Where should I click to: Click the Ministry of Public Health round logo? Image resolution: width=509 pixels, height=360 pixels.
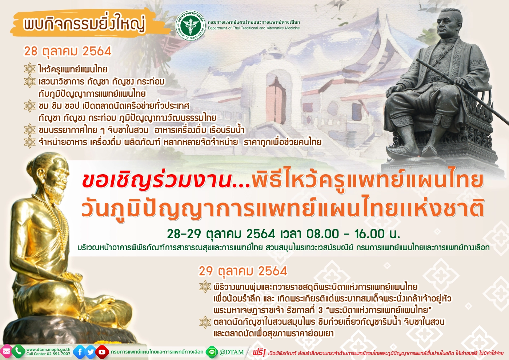[x=190, y=25]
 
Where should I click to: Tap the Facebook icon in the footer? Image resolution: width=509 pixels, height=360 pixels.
[x=79, y=352]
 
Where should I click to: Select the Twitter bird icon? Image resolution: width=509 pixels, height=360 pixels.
[x=90, y=352]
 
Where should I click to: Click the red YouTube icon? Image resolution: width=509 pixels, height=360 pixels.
[x=102, y=352]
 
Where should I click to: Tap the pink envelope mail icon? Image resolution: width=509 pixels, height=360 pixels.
[x=6, y=352]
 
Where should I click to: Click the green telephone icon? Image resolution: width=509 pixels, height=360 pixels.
[x=18, y=351]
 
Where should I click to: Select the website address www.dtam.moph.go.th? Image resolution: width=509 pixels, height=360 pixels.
[x=48, y=349]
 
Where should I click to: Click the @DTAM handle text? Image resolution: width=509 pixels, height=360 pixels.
[x=232, y=352]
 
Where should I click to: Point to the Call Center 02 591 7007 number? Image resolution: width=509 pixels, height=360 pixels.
[x=48, y=354]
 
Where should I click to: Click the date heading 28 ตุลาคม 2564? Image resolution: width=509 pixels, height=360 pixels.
[x=68, y=51]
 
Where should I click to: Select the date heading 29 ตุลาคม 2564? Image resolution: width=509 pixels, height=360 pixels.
[x=243, y=271]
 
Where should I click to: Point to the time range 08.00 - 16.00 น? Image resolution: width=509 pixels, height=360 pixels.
[x=353, y=233]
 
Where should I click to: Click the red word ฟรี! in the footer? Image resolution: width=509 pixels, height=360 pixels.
[x=259, y=352]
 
